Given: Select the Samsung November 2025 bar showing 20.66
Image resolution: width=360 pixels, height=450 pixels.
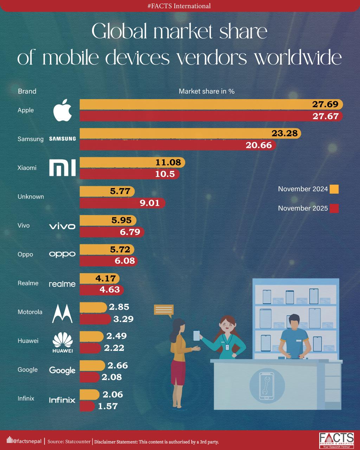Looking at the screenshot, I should (178, 145).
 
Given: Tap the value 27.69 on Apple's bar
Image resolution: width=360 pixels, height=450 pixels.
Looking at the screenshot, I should (325, 104).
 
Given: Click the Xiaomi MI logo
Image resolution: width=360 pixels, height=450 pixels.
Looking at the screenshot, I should (62, 168).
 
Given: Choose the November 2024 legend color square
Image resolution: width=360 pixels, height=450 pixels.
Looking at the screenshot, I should (334, 189).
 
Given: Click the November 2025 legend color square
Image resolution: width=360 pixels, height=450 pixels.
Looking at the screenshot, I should (334, 208).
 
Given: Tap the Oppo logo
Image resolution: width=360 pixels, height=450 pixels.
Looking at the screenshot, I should (62, 254).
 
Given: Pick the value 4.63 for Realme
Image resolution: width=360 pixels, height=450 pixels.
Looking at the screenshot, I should (110, 290).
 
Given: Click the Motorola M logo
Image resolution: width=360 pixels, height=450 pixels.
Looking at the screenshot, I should (62, 313).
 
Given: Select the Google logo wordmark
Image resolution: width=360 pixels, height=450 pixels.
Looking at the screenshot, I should (62, 370).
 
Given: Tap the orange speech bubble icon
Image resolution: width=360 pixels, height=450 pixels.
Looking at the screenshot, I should (164, 310).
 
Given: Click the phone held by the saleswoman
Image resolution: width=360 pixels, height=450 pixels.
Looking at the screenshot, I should (196, 335).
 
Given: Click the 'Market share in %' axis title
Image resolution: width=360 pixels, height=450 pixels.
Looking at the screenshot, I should (206, 91).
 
